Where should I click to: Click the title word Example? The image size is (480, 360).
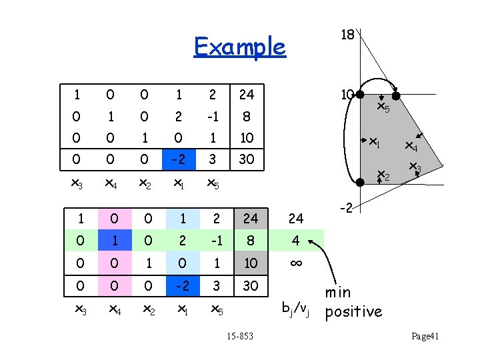(x=239, y=47)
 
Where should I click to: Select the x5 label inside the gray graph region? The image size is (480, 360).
(x=383, y=106)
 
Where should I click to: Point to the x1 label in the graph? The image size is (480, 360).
(x=375, y=142)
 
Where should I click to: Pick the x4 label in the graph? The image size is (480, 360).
(x=411, y=146)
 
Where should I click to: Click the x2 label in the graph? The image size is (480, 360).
(x=383, y=176)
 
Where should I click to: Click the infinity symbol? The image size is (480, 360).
(x=296, y=263)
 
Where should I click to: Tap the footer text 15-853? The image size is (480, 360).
(x=239, y=336)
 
